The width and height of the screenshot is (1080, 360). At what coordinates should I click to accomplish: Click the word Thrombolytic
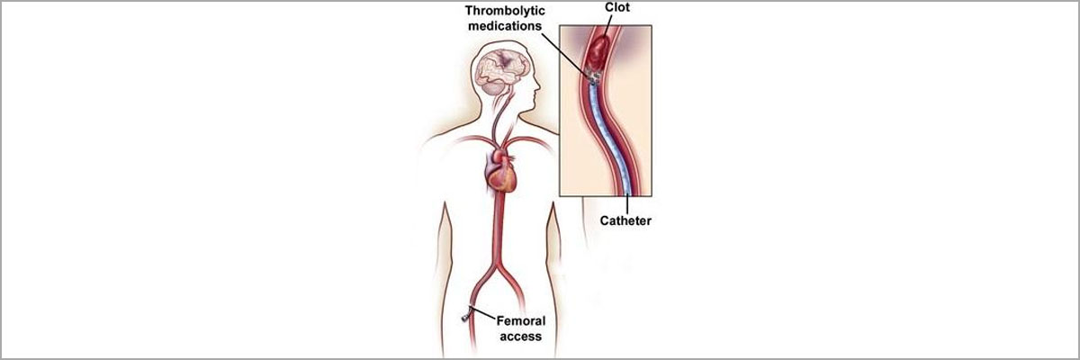[x=505, y=11]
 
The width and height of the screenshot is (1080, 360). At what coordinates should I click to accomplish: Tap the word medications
[x=505, y=26]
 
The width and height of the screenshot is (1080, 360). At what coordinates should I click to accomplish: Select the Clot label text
[x=617, y=7]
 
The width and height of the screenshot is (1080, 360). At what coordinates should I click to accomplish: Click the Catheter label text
[x=625, y=220]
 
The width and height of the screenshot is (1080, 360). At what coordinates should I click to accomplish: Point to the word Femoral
[x=521, y=321]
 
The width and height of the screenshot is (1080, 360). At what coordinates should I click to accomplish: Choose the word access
[x=521, y=337]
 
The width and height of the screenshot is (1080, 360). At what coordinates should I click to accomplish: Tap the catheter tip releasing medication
[x=593, y=77]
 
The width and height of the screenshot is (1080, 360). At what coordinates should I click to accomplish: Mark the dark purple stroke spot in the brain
[x=505, y=59]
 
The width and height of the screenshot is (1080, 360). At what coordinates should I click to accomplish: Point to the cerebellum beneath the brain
[x=494, y=87]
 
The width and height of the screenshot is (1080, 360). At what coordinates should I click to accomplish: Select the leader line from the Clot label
[x=608, y=25]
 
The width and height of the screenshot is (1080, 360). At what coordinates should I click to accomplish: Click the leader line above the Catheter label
[x=627, y=204]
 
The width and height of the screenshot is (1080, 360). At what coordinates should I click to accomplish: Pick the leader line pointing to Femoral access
[x=483, y=313]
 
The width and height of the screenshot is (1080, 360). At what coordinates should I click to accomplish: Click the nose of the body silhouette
[x=537, y=87]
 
